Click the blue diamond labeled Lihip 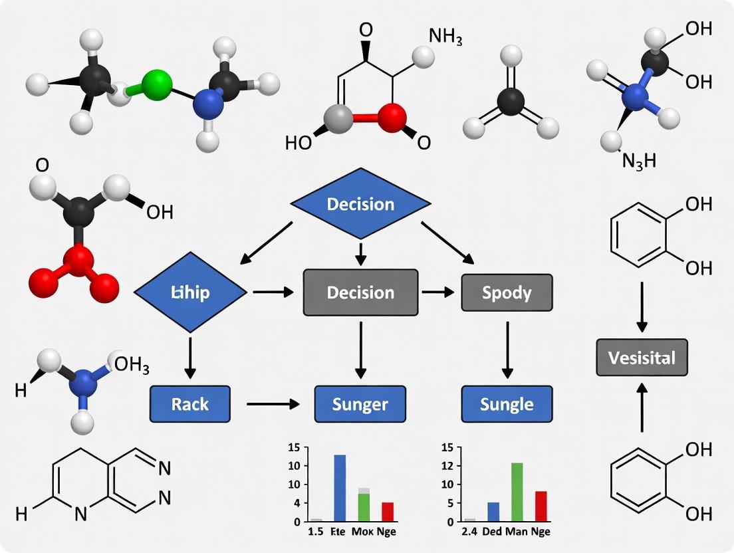click(191, 292)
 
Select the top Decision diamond click(360, 204)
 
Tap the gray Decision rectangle click(360, 292)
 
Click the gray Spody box click(507, 292)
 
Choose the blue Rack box click(190, 403)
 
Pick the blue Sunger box click(360, 403)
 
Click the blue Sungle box click(507, 403)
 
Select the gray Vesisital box click(642, 358)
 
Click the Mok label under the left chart click(362, 532)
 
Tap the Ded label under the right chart click(493, 532)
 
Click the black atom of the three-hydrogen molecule click(511, 101)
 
